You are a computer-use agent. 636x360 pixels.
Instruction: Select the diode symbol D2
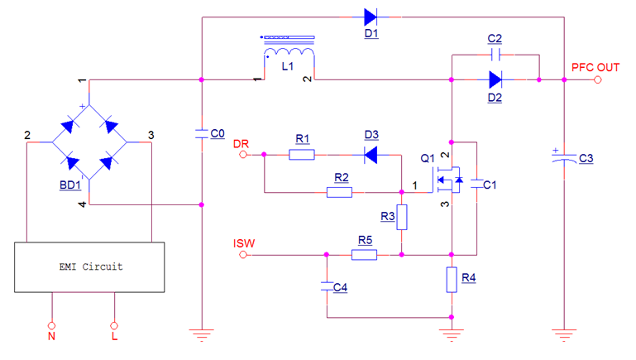coord(495,80)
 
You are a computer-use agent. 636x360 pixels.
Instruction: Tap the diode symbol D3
coord(371,154)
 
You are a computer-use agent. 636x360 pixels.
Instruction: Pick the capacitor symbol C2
coord(495,55)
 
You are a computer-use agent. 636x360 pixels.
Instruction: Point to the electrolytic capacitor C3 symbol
coord(563,158)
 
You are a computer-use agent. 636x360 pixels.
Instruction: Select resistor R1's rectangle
coord(302,154)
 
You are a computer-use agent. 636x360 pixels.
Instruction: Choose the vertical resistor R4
coord(452,280)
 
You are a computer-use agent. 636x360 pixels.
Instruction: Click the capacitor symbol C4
coord(328,287)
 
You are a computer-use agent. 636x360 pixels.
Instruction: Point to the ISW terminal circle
coord(243,256)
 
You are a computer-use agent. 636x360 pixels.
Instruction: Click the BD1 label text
coord(69,186)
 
